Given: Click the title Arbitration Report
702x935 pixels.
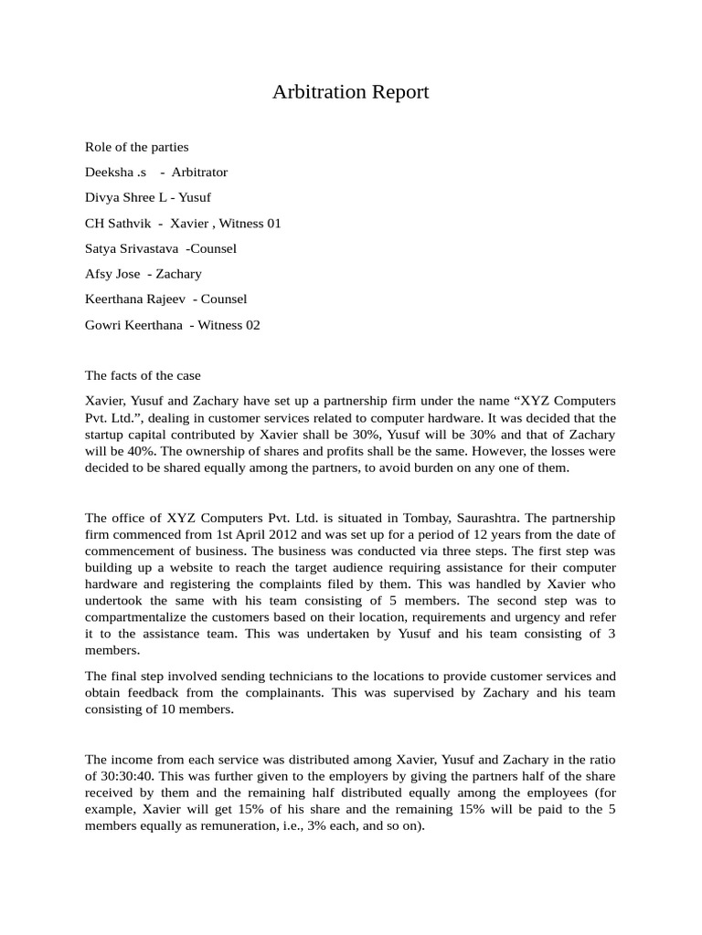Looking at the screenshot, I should click(x=350, y=92).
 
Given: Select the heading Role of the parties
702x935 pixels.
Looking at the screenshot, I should click(x=137, y=146).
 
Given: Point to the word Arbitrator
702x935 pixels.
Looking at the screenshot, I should click(x=199, y=172).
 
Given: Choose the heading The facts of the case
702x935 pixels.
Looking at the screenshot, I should click(x=143, y=375).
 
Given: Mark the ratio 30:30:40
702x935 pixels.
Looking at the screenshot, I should click(x=118, y=776).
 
